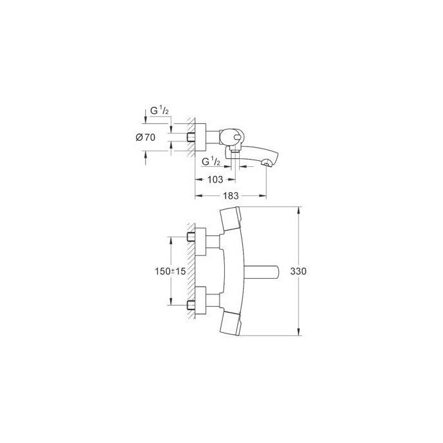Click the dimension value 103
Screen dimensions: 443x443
[x=214, y=179]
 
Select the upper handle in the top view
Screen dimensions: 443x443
[x=233, y=220]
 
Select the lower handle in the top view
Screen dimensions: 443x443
[x=233, y=322]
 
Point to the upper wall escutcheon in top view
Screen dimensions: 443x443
[x=202, y=238]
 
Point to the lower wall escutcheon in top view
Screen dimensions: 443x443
[x=202, y=304]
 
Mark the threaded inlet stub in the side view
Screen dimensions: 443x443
[x=192, y=137]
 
